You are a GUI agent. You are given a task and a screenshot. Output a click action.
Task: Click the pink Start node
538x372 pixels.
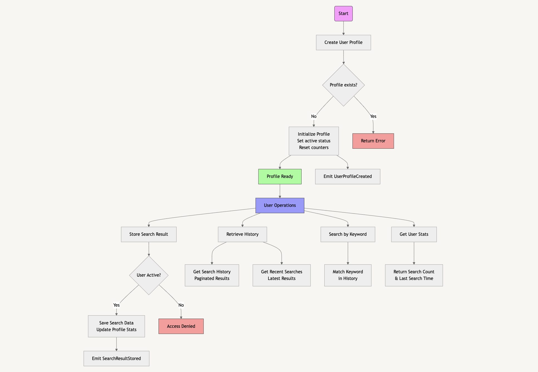pyautogui.click(x=343, y=14)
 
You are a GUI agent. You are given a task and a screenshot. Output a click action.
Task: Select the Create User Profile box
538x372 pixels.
pyautogui.click(x=343, y=43)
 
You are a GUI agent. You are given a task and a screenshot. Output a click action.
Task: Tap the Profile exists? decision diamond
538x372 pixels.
pyautogui.click(x=343, y=85)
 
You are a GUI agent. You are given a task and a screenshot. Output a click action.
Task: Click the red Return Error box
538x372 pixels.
pyautogui.click(x=373, y=141)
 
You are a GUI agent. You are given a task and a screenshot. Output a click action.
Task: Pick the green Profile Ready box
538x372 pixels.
pyautogui.click(x=280, y=177)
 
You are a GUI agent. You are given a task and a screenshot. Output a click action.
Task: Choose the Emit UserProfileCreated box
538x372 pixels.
pyautogui.click(x=347, y=177)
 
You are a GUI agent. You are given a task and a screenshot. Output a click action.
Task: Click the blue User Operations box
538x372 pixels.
pyautogui.click(x=280, y=205)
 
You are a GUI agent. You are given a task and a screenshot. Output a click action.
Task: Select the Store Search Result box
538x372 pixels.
pyautogui.click(x=149, y=234)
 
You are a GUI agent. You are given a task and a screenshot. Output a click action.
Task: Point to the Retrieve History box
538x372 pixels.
pyautogui.click(x=242, y=234)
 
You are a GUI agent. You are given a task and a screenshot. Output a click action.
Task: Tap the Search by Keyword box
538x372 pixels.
pyautogui.click(x=348, y=234)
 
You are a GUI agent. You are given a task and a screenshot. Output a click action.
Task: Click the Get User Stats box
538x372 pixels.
pyautogui.click(x=414, y=234)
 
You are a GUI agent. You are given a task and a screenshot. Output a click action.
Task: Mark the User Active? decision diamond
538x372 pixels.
pyautogui.click(x=149, y=275)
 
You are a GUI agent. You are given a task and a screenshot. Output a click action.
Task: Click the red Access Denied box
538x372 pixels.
pyautogui.click(x=181, y=326)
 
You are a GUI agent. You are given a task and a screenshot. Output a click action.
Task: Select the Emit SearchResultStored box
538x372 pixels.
pyautogui.click(x=116, y=359)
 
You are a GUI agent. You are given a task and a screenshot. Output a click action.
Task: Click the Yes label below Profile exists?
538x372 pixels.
pyautogui.click(x=373, y=116)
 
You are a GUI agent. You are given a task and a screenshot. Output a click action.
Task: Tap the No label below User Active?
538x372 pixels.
pyautogui.click(x=181, y=305)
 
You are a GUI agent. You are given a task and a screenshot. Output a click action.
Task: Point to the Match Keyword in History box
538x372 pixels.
pyautogui.click(x=348, y=275)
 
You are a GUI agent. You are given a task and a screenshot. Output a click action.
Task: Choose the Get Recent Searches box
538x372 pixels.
pyautogui.click(x=282, y=275)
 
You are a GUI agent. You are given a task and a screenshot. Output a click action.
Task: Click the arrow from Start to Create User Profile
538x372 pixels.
pyautogui.click(x=343, y=28)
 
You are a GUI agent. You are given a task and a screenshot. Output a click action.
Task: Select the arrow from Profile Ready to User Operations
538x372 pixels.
pyautogui.click(x=280, y=191)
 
